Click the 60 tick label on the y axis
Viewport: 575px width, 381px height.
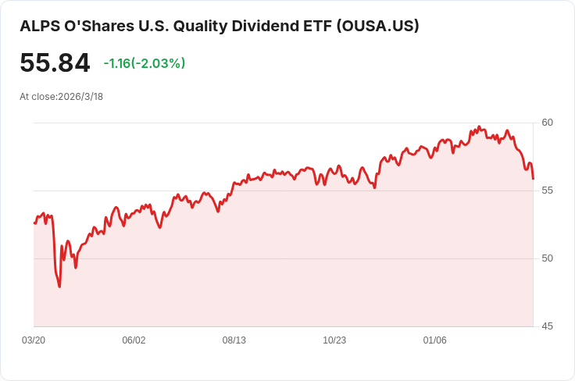(548, 123)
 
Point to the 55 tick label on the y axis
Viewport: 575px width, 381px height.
(548, 190)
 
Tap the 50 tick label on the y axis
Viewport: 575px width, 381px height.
(548, 258)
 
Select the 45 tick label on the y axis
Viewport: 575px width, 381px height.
(548, 326)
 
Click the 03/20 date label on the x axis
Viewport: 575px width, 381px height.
(34, 340)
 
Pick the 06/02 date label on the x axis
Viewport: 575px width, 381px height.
(134, 340)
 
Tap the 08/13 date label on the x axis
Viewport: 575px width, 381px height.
(234, 340)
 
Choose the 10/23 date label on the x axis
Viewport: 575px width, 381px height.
(334, 340)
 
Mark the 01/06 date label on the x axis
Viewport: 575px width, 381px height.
(434, 340)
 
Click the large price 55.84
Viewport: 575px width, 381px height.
(55, 63)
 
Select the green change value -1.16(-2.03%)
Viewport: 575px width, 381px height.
(145, 63)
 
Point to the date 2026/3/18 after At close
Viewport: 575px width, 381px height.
(81, 97)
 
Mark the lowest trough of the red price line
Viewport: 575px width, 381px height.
(59, 287)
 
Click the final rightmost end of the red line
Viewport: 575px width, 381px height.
(533, 179)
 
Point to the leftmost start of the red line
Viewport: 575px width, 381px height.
(34, 223)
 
